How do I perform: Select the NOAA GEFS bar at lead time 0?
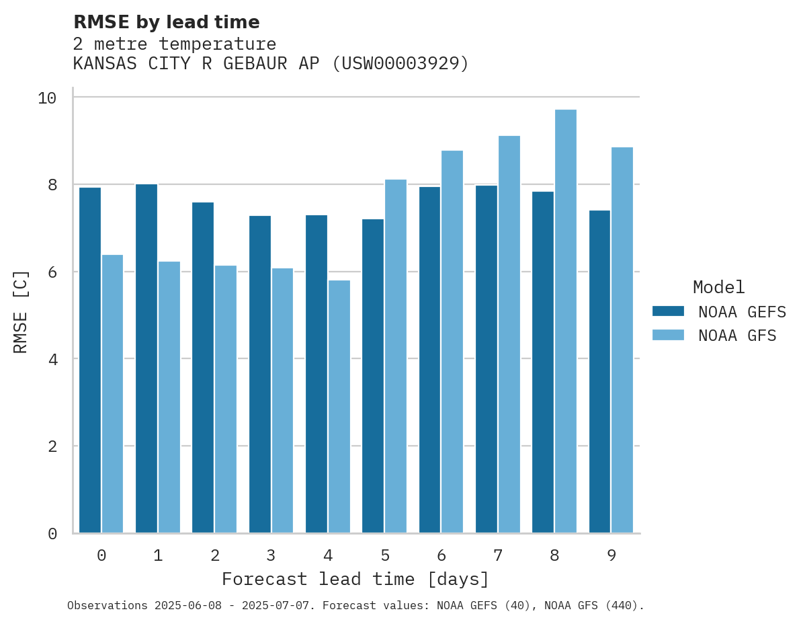90,360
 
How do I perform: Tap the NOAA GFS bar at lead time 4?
339,407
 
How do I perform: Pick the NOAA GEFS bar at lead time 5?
373,376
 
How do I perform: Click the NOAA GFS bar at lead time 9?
622,340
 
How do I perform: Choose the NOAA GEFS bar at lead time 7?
487,359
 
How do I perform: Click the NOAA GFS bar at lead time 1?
169,397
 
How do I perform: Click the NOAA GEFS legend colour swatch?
668,311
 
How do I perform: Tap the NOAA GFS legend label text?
737,336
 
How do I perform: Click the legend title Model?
718,288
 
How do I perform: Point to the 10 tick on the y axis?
47,98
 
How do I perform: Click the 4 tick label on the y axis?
52,359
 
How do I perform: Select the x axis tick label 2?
215,555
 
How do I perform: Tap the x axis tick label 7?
498,555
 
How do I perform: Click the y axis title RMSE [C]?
21,311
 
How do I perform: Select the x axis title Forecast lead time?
355,579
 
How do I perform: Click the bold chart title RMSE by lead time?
166,22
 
